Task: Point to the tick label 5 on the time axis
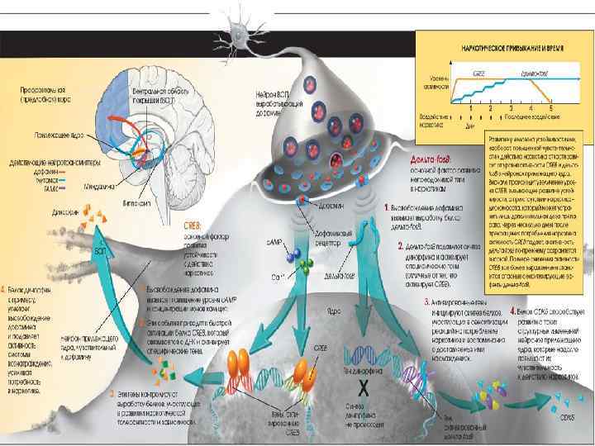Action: pos(550,107)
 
